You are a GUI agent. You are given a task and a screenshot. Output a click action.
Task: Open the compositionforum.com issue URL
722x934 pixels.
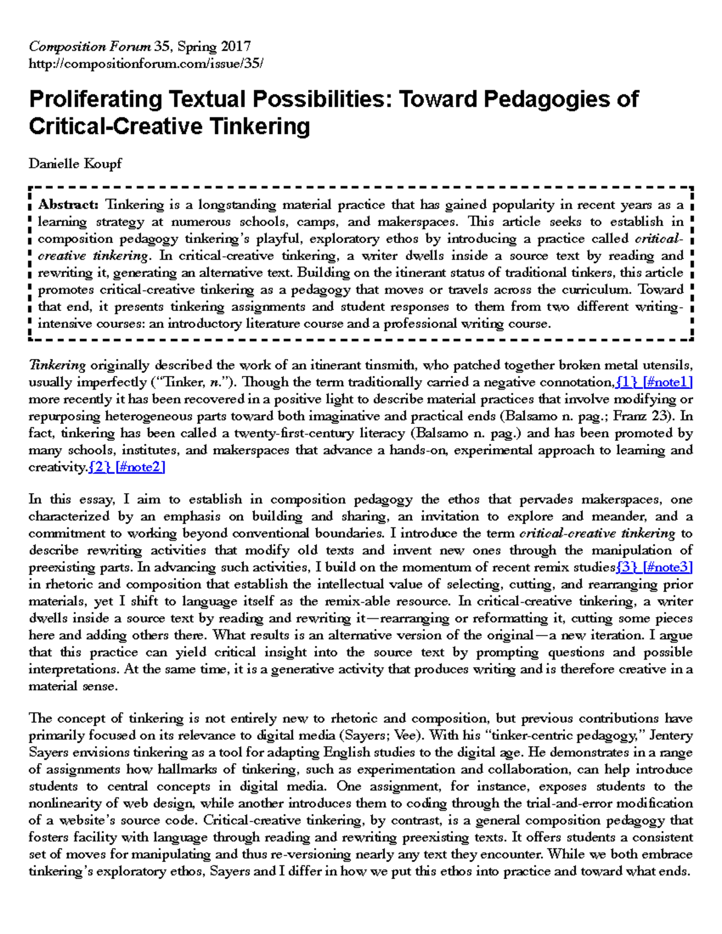coord(146,63)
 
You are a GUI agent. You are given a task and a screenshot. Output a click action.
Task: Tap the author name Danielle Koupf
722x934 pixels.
coord(75,164)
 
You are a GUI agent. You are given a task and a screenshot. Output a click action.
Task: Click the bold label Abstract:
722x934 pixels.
coord(68,204)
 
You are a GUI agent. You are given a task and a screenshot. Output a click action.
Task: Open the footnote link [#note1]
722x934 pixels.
coord(668,382)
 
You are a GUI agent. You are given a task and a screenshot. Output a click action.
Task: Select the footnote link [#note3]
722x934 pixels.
coord(668,567)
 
